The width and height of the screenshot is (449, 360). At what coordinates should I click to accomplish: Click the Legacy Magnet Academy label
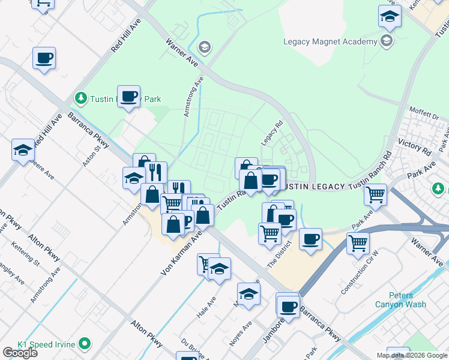[330, 41]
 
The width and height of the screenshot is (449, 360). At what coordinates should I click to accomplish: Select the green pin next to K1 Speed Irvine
[85, 344]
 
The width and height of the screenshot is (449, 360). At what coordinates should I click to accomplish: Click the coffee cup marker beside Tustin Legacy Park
[128, 97]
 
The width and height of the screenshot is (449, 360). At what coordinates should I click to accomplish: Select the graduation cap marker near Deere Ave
[23, 150]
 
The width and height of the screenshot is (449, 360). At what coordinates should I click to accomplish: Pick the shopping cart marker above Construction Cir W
[358, 243]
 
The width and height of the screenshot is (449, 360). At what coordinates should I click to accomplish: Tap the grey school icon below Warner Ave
[204, 47]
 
